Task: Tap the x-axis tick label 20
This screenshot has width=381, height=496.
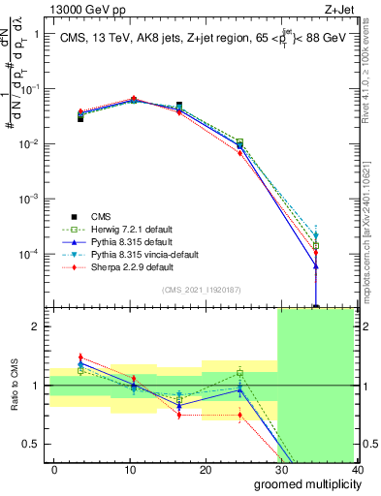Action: pos(206,469)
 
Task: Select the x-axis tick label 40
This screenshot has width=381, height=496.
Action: pos(357,469)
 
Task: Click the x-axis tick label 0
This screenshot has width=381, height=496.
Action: pos(54,469)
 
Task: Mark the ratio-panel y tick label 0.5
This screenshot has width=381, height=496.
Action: pos(31,444)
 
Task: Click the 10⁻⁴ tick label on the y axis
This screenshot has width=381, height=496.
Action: pos(29,254)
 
